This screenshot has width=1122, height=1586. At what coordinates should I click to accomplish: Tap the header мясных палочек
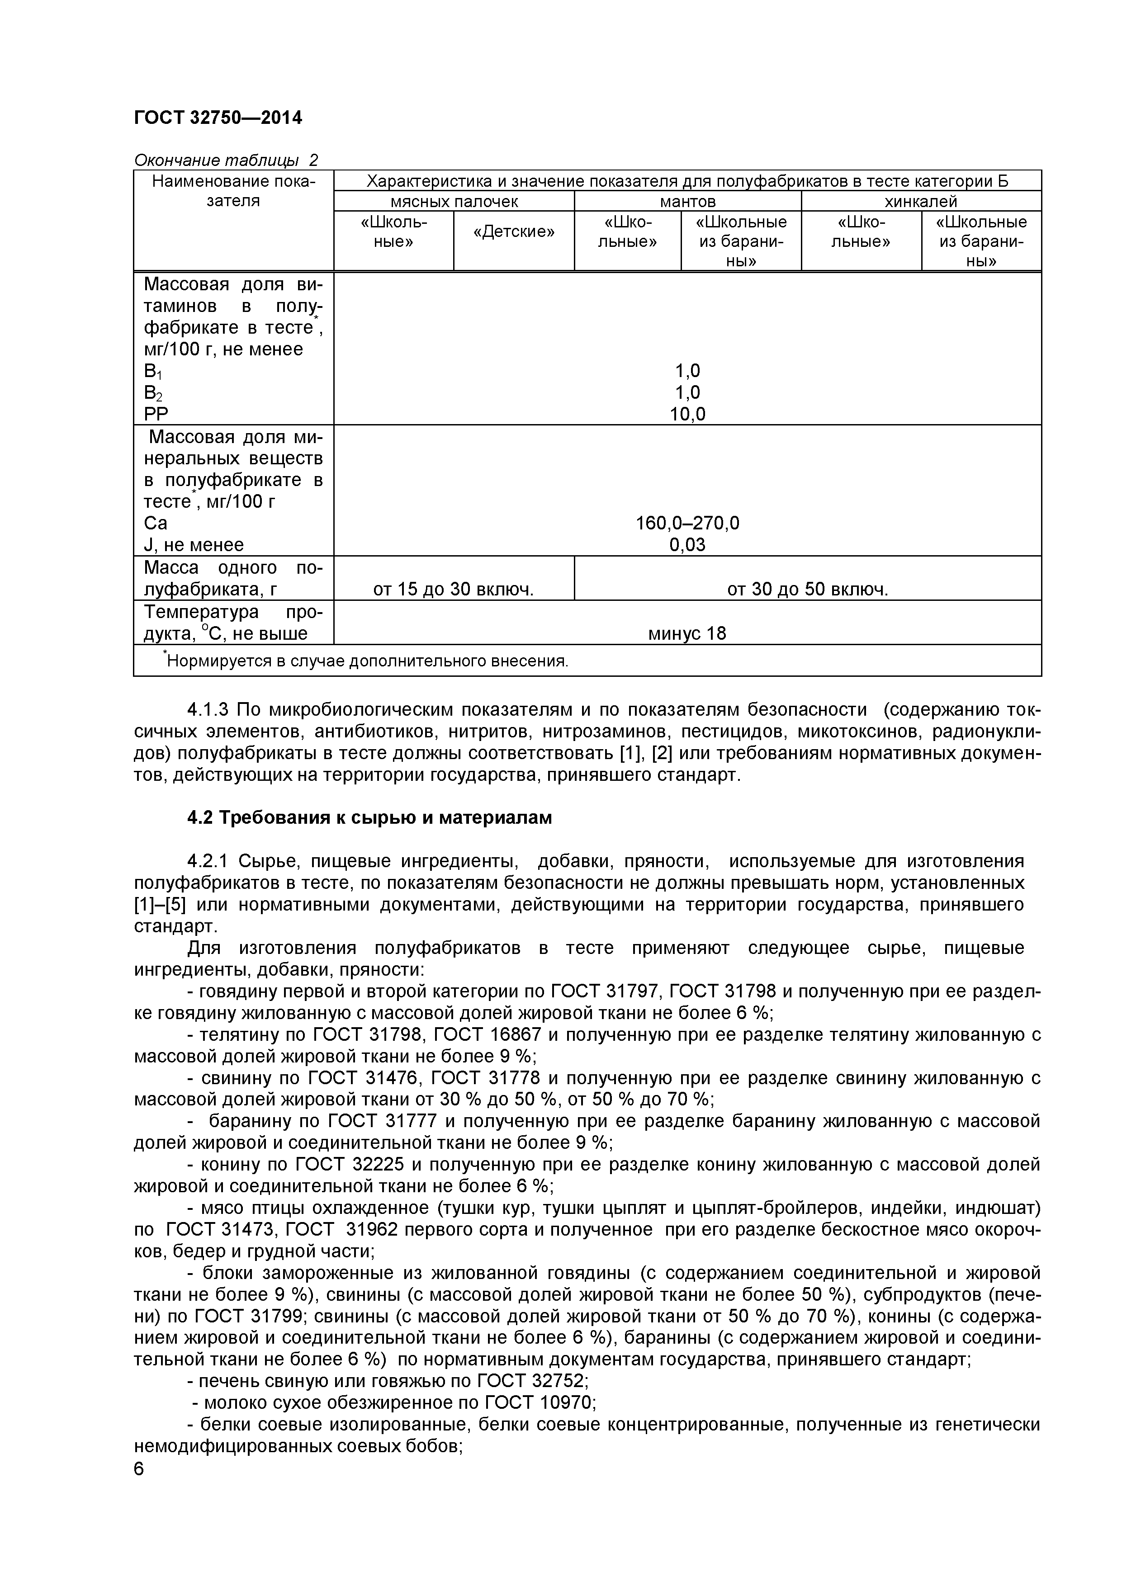[x=454, y=201]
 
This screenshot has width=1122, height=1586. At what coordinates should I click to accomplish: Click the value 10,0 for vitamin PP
[x=687, y=415]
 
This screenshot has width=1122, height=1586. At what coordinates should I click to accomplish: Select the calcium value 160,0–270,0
[x=687, y=523]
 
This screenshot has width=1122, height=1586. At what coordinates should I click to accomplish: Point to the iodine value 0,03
[x=687, y=545]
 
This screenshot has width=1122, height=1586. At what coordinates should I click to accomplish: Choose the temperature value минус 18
[x=687, y=633]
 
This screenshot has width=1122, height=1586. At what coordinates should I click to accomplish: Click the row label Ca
[x=156, y=523]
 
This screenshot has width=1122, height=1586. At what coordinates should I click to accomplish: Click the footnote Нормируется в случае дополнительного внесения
[x=367, y=661]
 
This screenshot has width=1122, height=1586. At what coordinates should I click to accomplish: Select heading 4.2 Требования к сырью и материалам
[x=369, y=818]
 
